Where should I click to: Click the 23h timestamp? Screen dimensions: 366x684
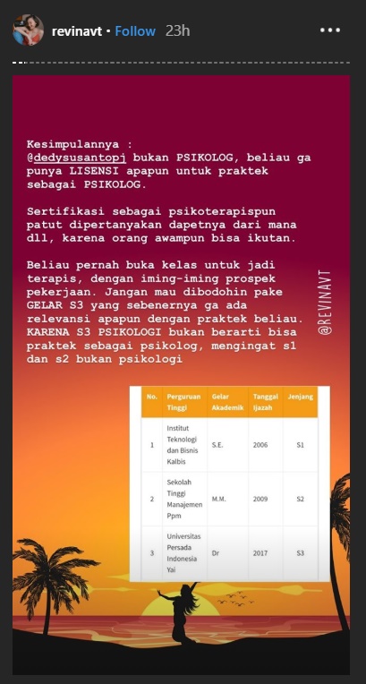click(177, 31)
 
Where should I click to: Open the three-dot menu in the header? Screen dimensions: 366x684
click(330, 31)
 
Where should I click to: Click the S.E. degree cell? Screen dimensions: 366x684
click(218, 442)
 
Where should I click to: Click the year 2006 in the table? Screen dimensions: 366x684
click(260, 442)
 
